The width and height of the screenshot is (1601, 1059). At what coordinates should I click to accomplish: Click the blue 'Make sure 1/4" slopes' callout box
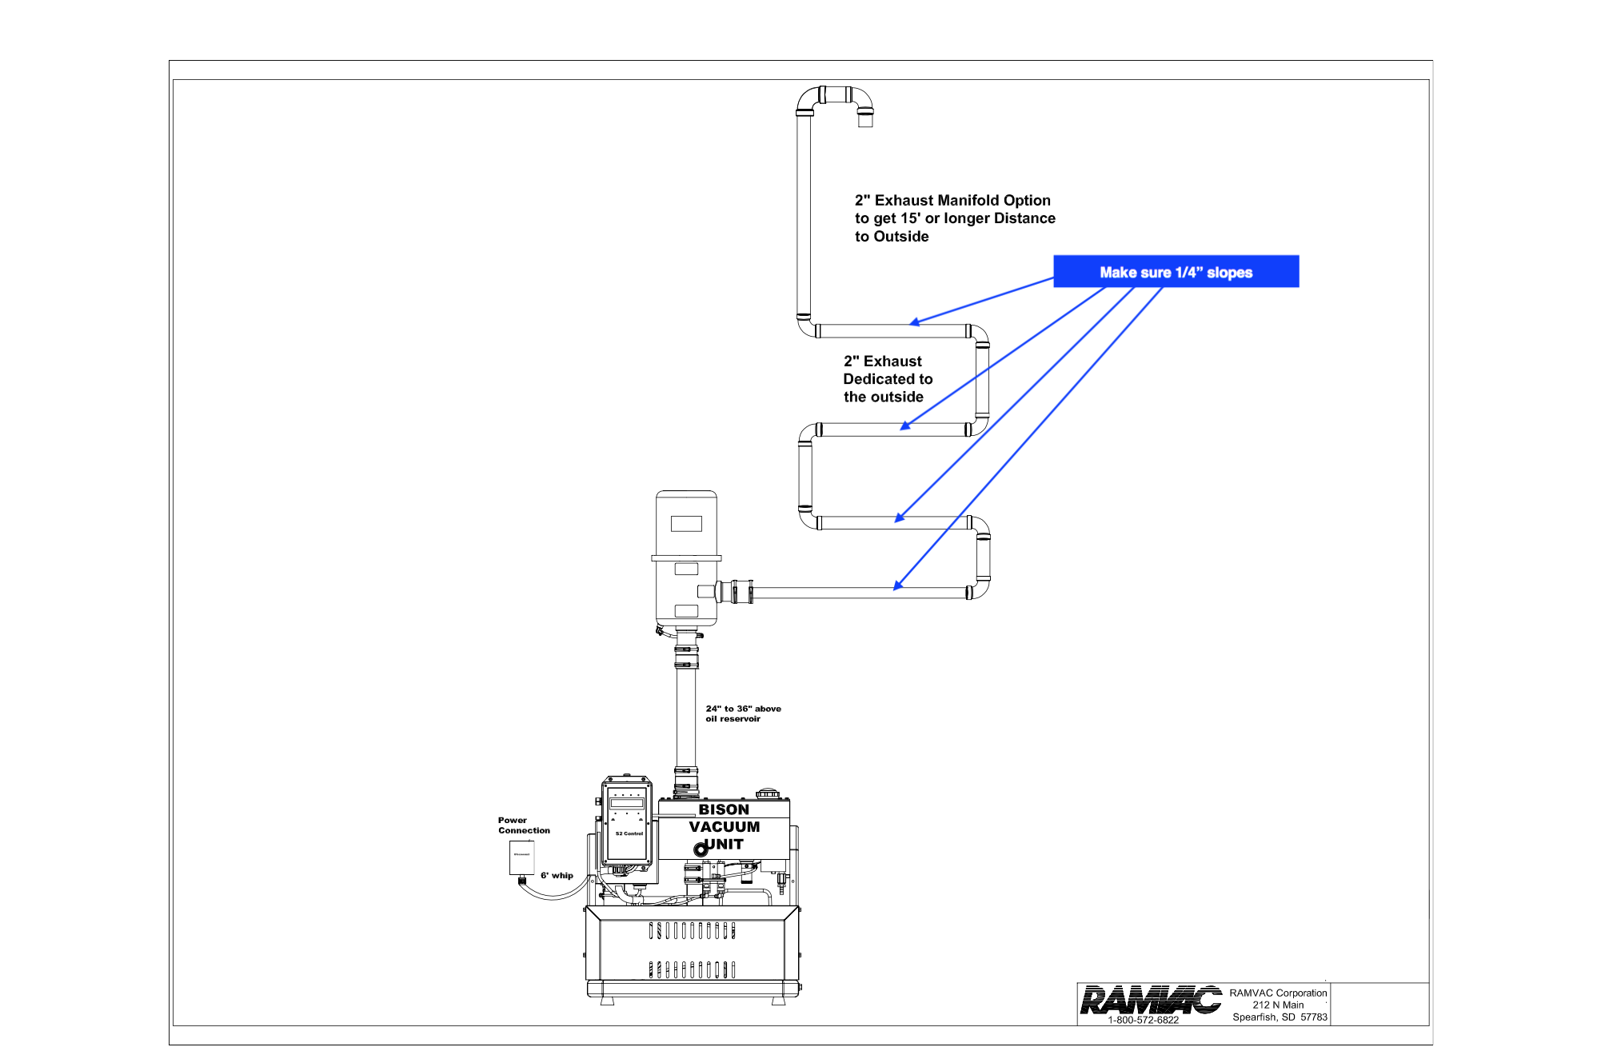point(1176,271)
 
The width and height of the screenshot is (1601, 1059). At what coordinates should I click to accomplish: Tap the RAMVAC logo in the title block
point(1150,1000)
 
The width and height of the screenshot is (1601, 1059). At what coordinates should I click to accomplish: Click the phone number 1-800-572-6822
point(1143,1020)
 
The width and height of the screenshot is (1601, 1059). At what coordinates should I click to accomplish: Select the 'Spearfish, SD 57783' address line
point(1280,1017)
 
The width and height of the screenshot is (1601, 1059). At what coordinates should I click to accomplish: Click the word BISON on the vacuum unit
point(724,809)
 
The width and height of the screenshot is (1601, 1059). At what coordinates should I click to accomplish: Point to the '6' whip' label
point(557,875)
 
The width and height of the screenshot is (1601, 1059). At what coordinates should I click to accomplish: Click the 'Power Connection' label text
point(524,825)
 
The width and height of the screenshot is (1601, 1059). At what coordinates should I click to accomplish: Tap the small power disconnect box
point(521,857)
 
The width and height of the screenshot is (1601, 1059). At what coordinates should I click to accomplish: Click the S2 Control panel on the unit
point(627,824)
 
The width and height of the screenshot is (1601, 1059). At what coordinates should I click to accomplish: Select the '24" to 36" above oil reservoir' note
point(743,713)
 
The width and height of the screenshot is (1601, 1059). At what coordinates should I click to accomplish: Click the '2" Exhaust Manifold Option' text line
point(952,201)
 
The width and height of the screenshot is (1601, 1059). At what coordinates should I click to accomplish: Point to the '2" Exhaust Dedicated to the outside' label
point(887,379)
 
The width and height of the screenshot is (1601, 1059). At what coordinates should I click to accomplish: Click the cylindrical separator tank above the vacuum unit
point(686,560)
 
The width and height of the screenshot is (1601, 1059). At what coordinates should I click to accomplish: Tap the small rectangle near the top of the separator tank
point(686,523)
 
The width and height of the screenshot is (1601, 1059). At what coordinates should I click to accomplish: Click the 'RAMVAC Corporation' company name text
point(1278,993)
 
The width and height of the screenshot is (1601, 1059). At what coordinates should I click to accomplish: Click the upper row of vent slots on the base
point(692,930)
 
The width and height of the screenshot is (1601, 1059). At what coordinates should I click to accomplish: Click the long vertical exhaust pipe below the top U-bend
point(804,216)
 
